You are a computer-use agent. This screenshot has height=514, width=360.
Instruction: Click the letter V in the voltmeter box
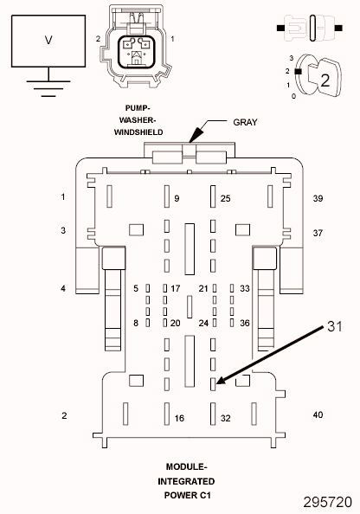[x=48, y=41]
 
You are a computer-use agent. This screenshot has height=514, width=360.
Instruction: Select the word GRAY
[x=246, y=122]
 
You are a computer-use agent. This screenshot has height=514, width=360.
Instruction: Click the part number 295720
[x=326, y=501]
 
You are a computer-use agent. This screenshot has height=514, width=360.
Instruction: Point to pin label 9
[x=177, y=198]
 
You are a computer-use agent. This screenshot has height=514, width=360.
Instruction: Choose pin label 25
[x=226, y=198]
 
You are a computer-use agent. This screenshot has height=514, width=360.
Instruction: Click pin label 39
[x=318, y=198]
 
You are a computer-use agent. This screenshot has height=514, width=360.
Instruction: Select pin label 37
[x=318, y=233]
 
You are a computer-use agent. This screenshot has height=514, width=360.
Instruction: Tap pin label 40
[x=318, y=415]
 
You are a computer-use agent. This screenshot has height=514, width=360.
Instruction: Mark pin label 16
[x=178, y=418]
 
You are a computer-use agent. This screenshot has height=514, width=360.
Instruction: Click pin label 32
[x=226, y=418]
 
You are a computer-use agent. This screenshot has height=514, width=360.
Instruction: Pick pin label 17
[x=176, y=288]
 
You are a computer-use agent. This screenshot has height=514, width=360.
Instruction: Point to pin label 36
[x=245, y=322]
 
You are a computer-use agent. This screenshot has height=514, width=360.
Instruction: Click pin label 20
[x=176, y=322]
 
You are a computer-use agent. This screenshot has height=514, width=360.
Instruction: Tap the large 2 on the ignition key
[x=325, y=80]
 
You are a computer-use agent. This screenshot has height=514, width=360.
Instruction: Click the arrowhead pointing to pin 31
[x=219, y=381]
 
